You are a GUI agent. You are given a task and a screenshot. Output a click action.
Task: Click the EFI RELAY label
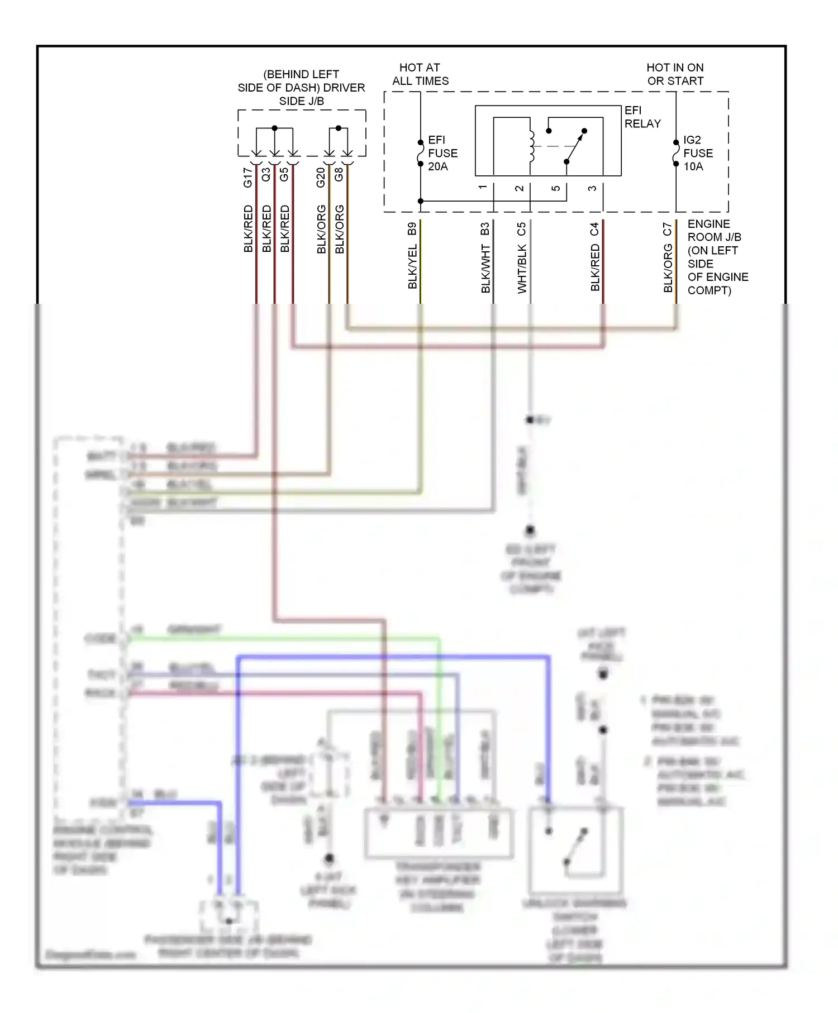[642, 117]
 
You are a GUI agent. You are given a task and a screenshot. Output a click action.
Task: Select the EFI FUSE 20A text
[442, 153]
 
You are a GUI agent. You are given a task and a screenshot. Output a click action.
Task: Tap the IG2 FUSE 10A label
[697, 153]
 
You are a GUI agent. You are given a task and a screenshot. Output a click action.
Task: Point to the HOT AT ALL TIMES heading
[420, 74]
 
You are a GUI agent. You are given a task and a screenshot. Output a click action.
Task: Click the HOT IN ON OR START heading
[675, 74]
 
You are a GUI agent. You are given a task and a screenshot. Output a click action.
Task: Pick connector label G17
[247, 177]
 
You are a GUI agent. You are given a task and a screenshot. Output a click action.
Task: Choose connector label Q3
[266, 174]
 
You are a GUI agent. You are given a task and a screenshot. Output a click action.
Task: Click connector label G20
[321, 177]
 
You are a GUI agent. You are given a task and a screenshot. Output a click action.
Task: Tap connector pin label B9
[412, 229]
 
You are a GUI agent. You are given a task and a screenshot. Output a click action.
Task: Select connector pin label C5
[521, 229]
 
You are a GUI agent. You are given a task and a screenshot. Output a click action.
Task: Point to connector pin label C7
[668, 229]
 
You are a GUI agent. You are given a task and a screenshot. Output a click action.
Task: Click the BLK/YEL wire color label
[412, 266]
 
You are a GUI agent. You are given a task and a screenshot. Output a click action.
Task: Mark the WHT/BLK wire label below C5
[521, 269]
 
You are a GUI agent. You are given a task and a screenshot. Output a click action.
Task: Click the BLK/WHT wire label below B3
[485, 269]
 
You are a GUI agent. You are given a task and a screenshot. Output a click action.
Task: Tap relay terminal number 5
[555, 188]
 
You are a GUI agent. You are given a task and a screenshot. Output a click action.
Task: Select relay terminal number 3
[592, 188]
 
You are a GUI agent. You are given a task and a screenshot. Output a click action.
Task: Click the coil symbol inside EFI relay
[531, 146]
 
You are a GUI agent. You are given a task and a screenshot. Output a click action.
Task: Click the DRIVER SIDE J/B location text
[301, 88]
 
